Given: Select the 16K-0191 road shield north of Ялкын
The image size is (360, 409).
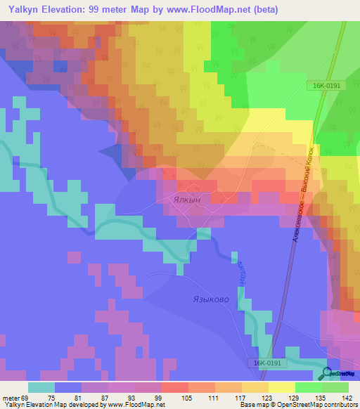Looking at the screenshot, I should (x=327, y=85).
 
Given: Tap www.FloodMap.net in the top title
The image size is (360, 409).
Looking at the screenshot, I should (x=209, y=10).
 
